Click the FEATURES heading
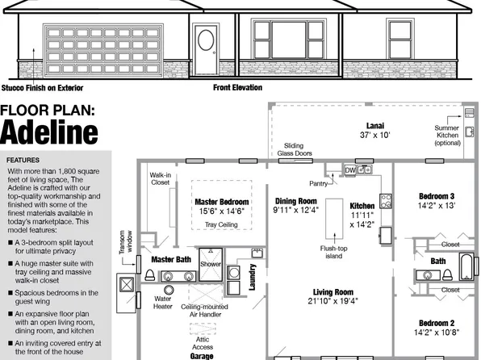[23, 160]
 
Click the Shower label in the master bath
[211, 264]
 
